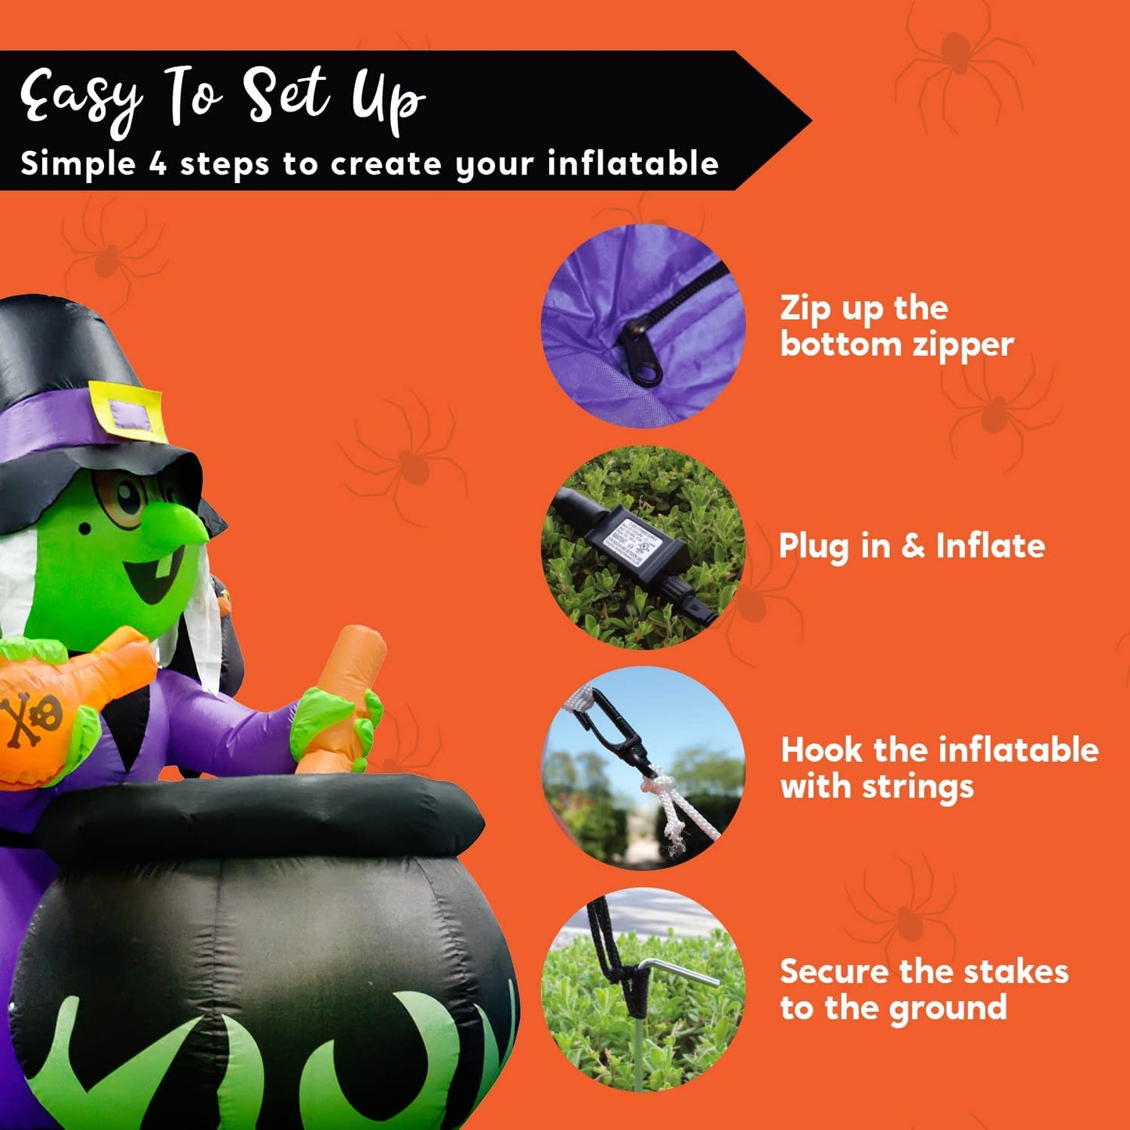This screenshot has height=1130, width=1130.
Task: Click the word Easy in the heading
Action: point(82,99)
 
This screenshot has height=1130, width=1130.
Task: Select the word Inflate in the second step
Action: point(991,546)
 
